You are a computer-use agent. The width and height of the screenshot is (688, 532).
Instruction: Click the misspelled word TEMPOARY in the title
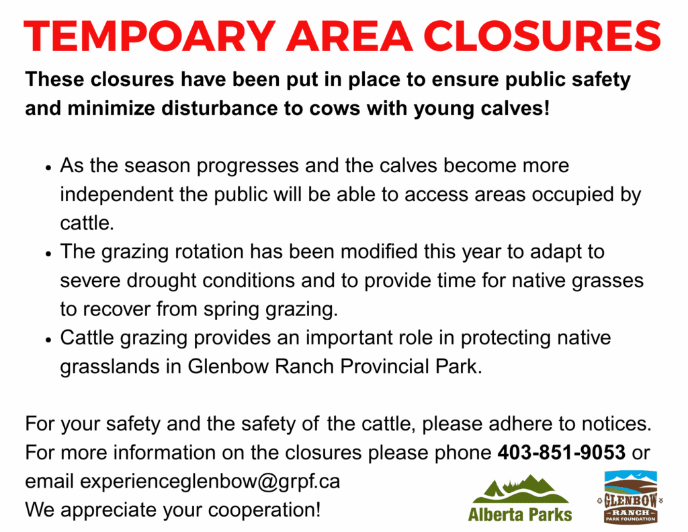150,36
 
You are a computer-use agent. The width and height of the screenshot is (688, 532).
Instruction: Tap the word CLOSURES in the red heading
542,36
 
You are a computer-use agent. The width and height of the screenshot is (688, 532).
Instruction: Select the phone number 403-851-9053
561,452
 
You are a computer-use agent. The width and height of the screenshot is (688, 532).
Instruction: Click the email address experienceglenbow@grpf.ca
210,482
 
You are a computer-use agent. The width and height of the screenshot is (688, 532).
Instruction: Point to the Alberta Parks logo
521,498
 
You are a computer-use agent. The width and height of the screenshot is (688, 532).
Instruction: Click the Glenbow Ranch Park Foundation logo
630,497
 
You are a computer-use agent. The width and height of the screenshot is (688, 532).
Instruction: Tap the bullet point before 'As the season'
48,168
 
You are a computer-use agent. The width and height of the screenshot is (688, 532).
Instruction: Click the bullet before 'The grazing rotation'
48,254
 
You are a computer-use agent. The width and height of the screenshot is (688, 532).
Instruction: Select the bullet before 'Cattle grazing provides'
48,340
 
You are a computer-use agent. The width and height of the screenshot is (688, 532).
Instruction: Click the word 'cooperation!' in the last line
264,510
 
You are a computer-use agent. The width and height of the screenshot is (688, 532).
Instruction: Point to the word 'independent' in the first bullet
117,194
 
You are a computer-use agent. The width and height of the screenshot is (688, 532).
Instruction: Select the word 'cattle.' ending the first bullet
87,223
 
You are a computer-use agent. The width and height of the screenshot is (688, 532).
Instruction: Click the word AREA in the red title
349,36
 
